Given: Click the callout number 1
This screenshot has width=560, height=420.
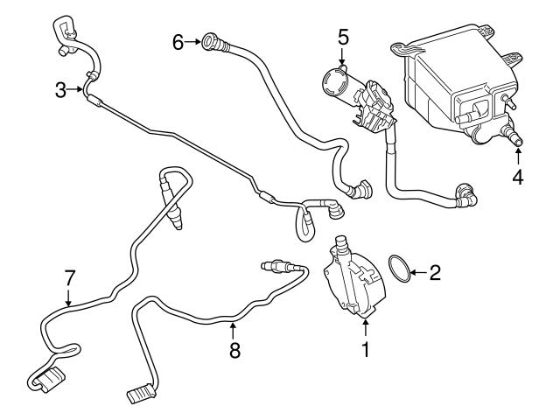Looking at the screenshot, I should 366,349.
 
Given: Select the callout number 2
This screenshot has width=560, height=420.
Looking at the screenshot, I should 435,273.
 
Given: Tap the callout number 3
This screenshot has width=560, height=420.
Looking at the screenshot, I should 59,89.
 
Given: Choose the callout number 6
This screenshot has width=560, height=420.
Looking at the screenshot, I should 178,41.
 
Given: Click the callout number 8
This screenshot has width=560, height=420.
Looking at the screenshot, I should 234,351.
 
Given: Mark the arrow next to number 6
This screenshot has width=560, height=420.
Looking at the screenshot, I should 193,41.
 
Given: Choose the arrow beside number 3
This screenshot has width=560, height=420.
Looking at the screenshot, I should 77,89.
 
